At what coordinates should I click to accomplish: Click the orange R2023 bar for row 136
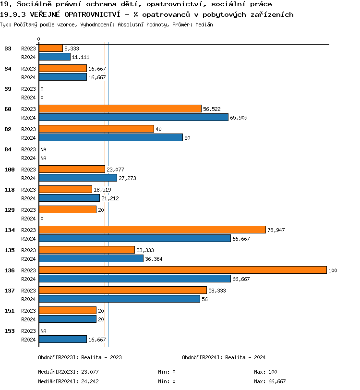[182, 270]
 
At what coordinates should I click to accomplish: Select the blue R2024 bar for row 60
[133, 117]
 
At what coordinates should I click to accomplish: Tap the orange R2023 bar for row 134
[152, 230]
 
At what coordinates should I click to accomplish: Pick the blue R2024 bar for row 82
[110, 137]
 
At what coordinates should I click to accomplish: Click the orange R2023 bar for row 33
[50, 49]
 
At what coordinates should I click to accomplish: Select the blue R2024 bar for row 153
[62, 340]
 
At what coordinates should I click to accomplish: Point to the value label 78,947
[276, 230]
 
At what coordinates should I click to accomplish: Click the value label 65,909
[239, 118]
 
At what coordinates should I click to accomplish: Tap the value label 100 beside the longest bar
[333, 271]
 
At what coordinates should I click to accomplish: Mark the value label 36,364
[154, 259]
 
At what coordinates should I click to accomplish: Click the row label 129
[10, 210]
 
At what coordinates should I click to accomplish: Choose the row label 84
[8, 149]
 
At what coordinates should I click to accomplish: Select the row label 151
[10, 311]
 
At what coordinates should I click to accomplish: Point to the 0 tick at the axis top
[38, 39]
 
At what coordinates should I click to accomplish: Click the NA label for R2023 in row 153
[43, 331]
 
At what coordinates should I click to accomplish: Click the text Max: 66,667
[270, 381]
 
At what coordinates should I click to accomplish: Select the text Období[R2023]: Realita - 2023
[80, 357]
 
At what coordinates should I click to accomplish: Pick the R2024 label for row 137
[28, 299]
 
